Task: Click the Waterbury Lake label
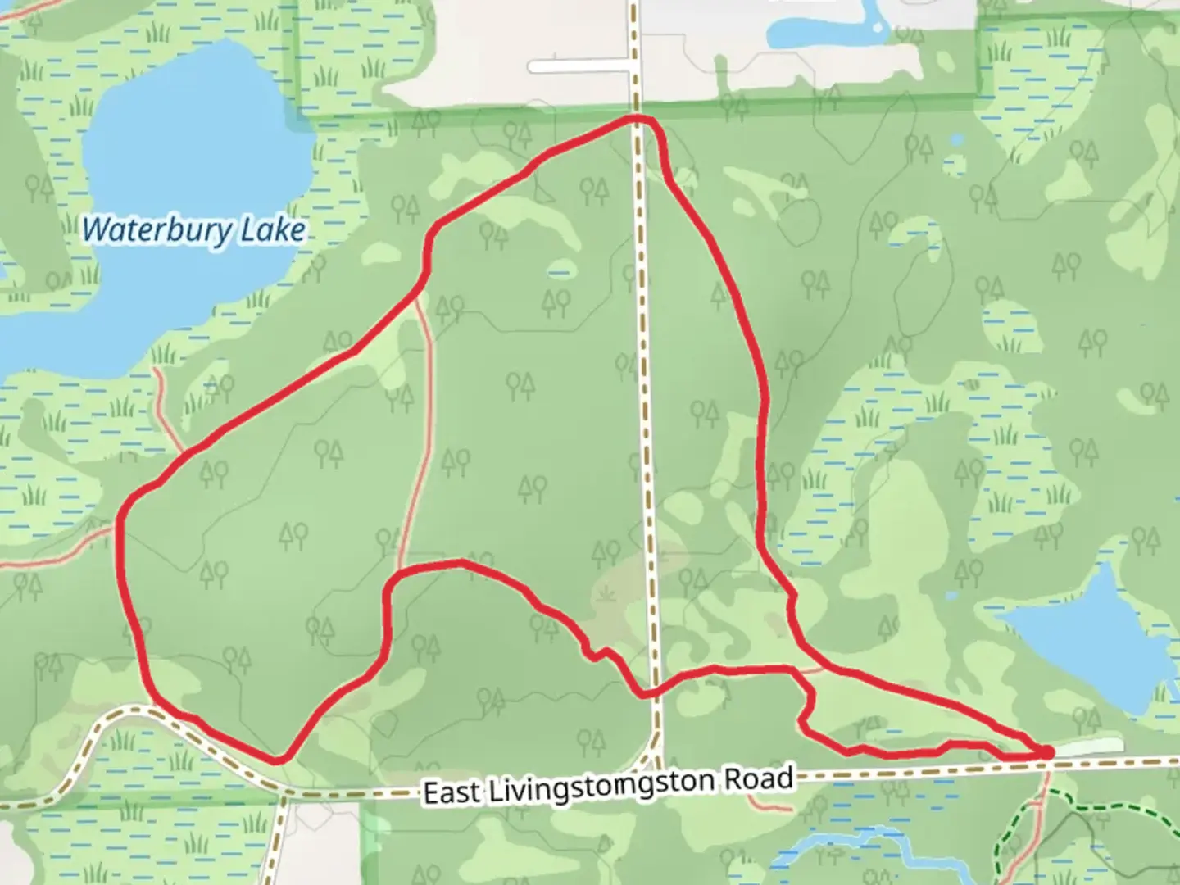pos(193,230)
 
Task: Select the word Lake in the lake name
pos(272,230)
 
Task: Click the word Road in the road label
pos(758,779)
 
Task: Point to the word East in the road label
pos(451,792)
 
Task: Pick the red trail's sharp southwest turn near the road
pos(279,759)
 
